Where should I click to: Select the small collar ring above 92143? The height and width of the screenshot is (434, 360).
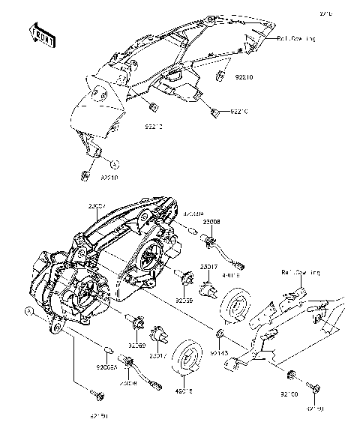(x=219, y=332)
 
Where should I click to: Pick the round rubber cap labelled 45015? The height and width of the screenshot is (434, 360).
(x=186, y=358)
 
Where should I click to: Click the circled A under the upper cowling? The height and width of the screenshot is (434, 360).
(x=115, y=162)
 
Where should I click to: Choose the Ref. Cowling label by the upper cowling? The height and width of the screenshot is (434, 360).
(x=298, y=37)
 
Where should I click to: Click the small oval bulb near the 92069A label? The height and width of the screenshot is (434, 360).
(x=107, y=349)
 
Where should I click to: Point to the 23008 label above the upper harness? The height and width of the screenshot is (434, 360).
(x=211, y=222)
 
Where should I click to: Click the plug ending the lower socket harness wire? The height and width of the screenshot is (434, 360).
(x=157, y=385)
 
